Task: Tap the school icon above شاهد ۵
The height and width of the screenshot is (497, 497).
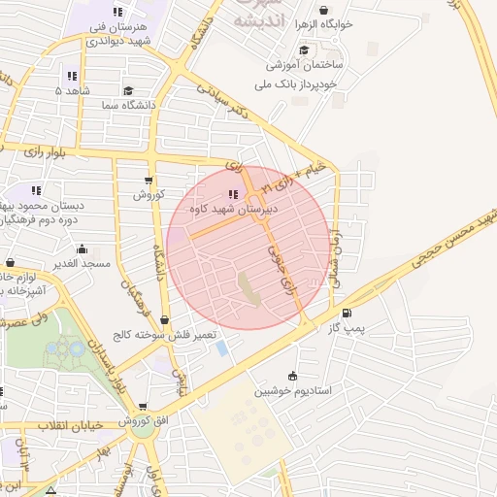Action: click(x=72, y=76)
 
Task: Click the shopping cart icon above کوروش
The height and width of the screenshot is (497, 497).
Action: click(x=148, y=181)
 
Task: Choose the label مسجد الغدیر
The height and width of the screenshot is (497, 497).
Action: click(x=83, y=263)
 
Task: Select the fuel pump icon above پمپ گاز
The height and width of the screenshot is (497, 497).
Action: click(x=347, y=313)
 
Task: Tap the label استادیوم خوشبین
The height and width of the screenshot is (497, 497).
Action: click(x=293, y=391)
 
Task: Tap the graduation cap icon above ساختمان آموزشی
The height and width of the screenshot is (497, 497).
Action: click(x=304, y=50)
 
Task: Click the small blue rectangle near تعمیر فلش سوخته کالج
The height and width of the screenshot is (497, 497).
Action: click(x=221, y=348)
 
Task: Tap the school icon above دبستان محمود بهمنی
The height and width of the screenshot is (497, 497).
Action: click(x=37, y=191)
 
